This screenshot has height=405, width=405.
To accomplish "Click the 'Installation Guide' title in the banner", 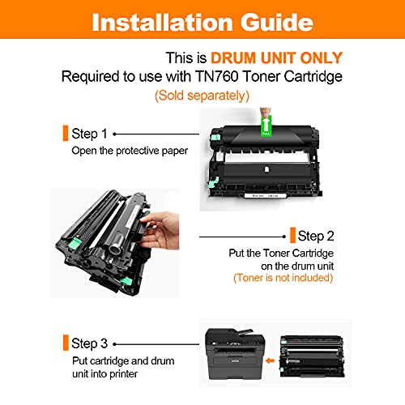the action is [x=202, y=22].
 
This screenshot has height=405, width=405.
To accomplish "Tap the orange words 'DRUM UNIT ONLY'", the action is [x=276, y=58].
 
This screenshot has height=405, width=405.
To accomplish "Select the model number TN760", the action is [x=216, y=76].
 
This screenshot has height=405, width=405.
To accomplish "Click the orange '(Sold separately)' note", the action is [x=202, y=96].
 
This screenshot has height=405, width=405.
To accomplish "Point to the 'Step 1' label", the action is [x=89, y=134].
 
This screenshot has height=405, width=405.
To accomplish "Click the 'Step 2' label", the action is [x=316, y=236].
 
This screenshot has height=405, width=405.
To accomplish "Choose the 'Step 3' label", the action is [x=89, y=343].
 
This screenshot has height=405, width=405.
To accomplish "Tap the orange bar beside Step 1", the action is [x=66, y=133].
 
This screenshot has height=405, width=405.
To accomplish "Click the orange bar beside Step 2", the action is [x=292, y=235].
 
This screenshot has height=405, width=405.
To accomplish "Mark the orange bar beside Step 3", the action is [x=66, y=343].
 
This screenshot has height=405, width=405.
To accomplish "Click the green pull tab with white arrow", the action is [x=266, y=126].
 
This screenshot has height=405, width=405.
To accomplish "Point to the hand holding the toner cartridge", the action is [x=160, y=231].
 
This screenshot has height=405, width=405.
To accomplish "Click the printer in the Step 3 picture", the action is [x=235, y=354].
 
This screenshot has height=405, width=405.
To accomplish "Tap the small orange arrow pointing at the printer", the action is [x=270, y=360].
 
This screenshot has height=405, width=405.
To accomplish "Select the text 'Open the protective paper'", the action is [x=130, y=151].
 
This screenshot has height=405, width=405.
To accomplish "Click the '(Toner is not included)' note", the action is [x=283, y=278].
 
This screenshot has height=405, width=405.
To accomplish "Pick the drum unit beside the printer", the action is [x=312, y=356].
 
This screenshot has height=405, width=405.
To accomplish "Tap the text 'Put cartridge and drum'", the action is [x=123, y=361].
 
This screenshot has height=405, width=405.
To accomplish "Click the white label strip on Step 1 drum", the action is [x=265, y=195].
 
